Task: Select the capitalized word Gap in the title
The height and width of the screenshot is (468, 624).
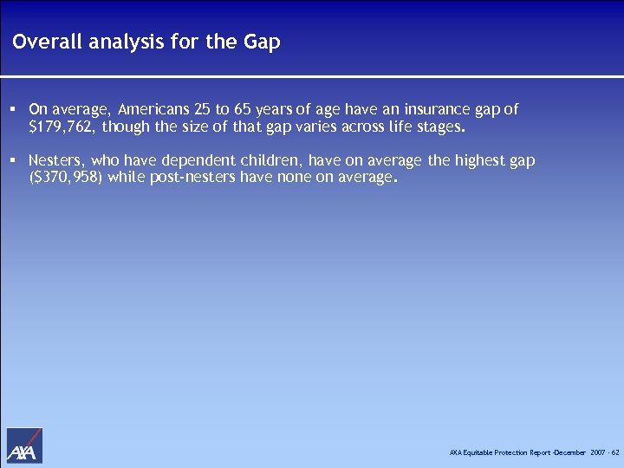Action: pos(263,42)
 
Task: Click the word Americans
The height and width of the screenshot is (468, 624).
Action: pos(153,110)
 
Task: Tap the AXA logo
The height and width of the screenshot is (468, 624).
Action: pos(24,445)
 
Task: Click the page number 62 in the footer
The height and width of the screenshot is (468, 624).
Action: pos(615,453)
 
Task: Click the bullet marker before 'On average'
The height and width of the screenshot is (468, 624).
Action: pos(15,110)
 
